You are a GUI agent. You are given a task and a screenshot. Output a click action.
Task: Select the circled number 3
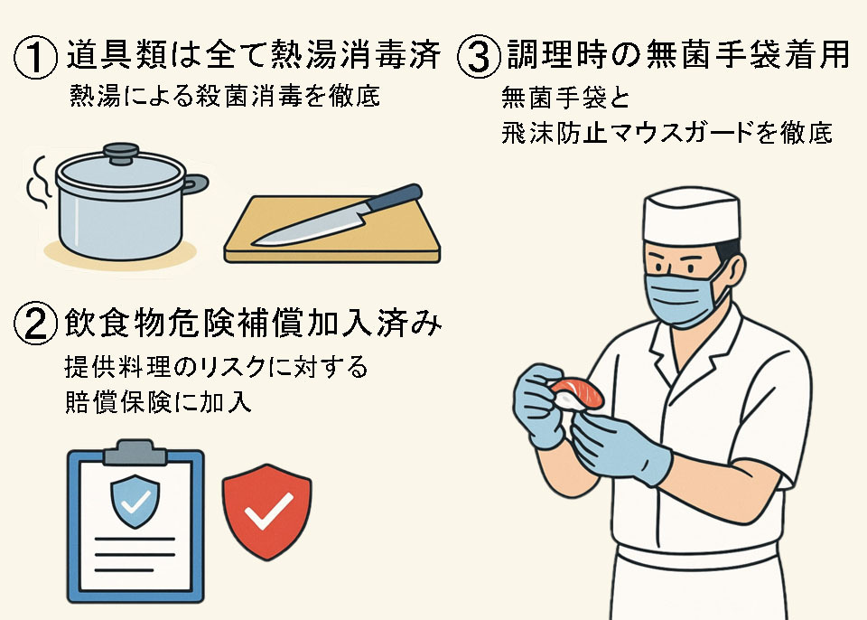pos(479,56)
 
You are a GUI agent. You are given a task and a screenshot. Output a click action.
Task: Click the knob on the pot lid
pos(121,153)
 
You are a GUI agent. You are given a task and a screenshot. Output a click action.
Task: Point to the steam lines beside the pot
pos(37,183)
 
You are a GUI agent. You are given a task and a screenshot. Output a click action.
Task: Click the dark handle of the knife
pos(395,196)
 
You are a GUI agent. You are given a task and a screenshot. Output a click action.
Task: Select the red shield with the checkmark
pos(266,511)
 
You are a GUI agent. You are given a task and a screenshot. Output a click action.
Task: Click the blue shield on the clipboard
pos(135,501)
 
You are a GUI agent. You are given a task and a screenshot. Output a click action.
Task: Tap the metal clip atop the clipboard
pos(135,452)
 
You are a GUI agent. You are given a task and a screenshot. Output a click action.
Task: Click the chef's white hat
pos(691,216)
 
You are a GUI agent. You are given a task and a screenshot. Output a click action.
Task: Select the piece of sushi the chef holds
pos(576,393)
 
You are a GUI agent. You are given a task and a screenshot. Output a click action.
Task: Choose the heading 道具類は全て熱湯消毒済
pos(254,55)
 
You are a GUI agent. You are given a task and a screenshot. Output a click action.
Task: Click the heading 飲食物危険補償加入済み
pos(253,323)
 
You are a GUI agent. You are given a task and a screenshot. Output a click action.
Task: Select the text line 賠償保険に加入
pos(158,402)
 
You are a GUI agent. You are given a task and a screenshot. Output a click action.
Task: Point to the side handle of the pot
pos(196,183)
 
